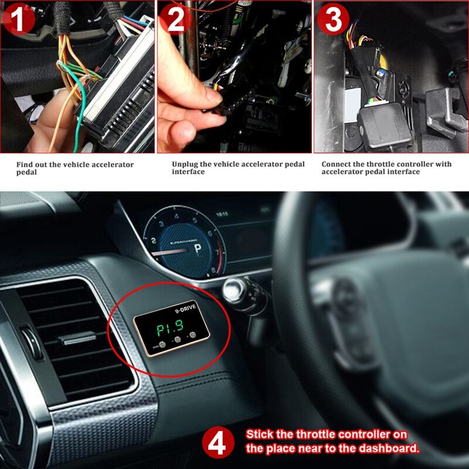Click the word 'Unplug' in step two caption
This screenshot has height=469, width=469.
pos(185,164)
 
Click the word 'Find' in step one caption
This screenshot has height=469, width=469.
pos(24,165)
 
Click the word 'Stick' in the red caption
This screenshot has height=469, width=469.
pos(259,435)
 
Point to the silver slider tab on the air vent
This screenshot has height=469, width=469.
pos(76,338)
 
